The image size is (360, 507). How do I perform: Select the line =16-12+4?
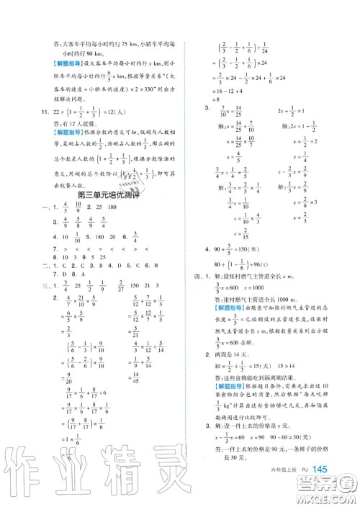tap(218, 92)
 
